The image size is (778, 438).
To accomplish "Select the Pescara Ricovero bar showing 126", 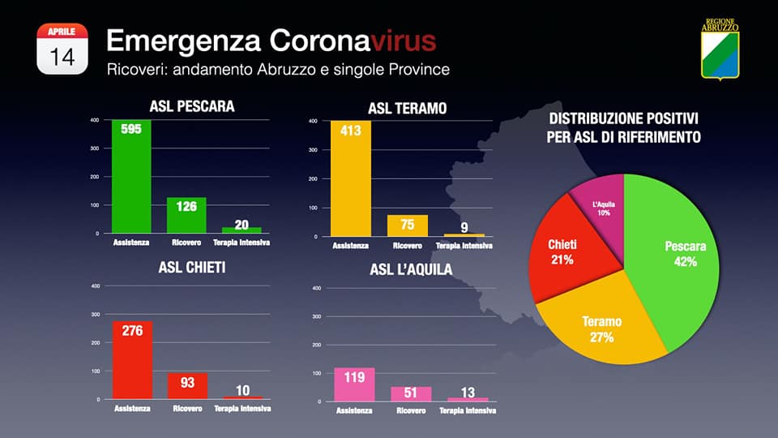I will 186,216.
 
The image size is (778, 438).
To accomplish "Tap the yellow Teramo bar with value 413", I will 350,178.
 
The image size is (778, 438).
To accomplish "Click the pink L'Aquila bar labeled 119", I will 354,384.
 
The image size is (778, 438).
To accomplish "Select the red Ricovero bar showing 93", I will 187,386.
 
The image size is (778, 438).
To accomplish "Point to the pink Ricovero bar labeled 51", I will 411,393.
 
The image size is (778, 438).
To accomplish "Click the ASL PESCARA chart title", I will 192,106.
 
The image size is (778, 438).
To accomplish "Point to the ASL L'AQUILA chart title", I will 411,269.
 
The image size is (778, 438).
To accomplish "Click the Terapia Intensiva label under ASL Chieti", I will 242,408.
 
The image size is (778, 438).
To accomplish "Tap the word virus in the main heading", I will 398,41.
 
